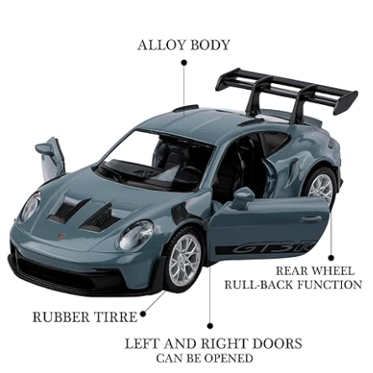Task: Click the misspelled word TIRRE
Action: point(116,318)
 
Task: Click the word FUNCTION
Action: point(329,285)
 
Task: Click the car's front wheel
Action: point(184,260)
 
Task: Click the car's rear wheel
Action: point(321,186)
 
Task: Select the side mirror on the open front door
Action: point(243,197)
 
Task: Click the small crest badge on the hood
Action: point(60,236)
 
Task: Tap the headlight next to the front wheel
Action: point(136,234)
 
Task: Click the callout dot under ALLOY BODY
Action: point(184,62)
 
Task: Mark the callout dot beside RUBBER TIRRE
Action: point(143,314)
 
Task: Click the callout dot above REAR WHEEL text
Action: point(331,258)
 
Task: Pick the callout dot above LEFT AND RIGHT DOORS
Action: point(210,326)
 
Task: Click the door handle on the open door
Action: point(311,218)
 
